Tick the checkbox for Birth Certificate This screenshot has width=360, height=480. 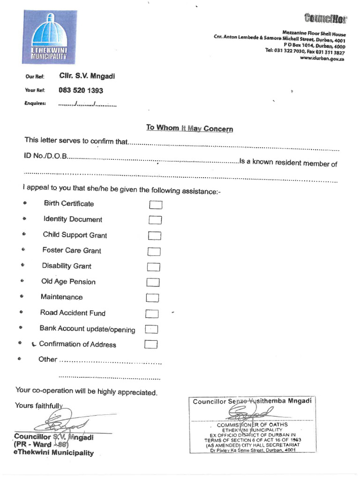pos(156,205)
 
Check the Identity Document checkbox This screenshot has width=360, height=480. pos(155,220)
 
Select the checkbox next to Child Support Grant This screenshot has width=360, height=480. pos(155,236)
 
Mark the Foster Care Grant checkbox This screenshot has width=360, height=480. pos(154,252)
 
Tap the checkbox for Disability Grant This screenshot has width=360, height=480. pos(154,267)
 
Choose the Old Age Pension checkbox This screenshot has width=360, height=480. pos(153,282)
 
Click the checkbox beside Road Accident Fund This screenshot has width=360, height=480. pos(152,314)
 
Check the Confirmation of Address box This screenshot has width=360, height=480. pos(151,345)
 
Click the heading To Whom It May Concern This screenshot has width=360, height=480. pos(189,128)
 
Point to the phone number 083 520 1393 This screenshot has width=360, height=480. pos(81,90)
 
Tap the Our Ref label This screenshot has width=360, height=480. pos(35,77)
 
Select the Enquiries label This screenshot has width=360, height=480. pos(35,103)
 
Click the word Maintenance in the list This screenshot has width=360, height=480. pos(61,297)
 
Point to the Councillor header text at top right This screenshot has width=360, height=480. pos(326,19)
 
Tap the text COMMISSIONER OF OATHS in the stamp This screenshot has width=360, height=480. pos(252,425)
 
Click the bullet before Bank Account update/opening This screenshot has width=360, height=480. pos(20,328)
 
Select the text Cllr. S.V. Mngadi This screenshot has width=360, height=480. pos(87,76)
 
